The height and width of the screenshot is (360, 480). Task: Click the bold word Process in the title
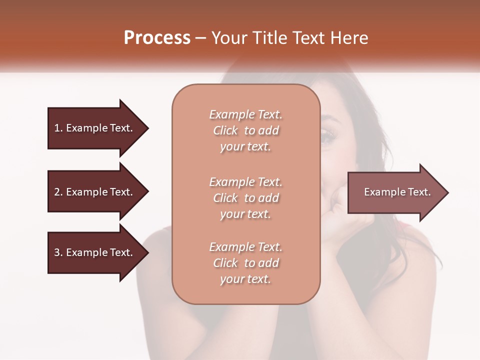[157, 38]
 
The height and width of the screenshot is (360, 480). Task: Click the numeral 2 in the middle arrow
[57, 192]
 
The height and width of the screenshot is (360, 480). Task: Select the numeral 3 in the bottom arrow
[57, 252]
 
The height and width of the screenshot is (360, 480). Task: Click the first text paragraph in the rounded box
[245, 130]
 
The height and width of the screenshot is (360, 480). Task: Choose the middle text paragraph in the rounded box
[245, 198]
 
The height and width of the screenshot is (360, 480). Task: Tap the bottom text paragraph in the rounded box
[245, 263]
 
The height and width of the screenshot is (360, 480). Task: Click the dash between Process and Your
[201, 38]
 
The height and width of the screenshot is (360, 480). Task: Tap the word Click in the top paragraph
[225, 130]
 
